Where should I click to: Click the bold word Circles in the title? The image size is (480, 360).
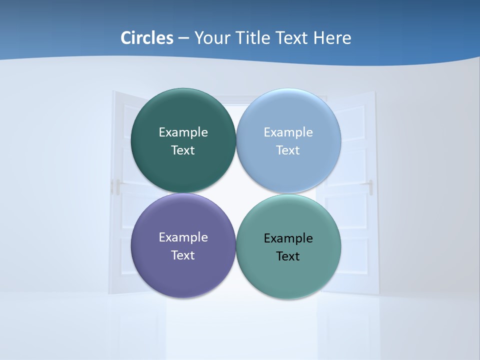147,38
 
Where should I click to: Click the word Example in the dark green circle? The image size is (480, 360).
183,132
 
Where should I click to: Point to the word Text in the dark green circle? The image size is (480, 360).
183,150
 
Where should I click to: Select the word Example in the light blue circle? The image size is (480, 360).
288,132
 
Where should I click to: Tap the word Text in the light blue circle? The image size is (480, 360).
288,150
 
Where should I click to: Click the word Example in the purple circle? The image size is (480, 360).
183,237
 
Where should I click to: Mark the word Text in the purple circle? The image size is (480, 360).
183,255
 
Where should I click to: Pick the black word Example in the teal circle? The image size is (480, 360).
288,238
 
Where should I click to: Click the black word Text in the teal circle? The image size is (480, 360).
288,256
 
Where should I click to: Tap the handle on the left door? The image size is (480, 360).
118,186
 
